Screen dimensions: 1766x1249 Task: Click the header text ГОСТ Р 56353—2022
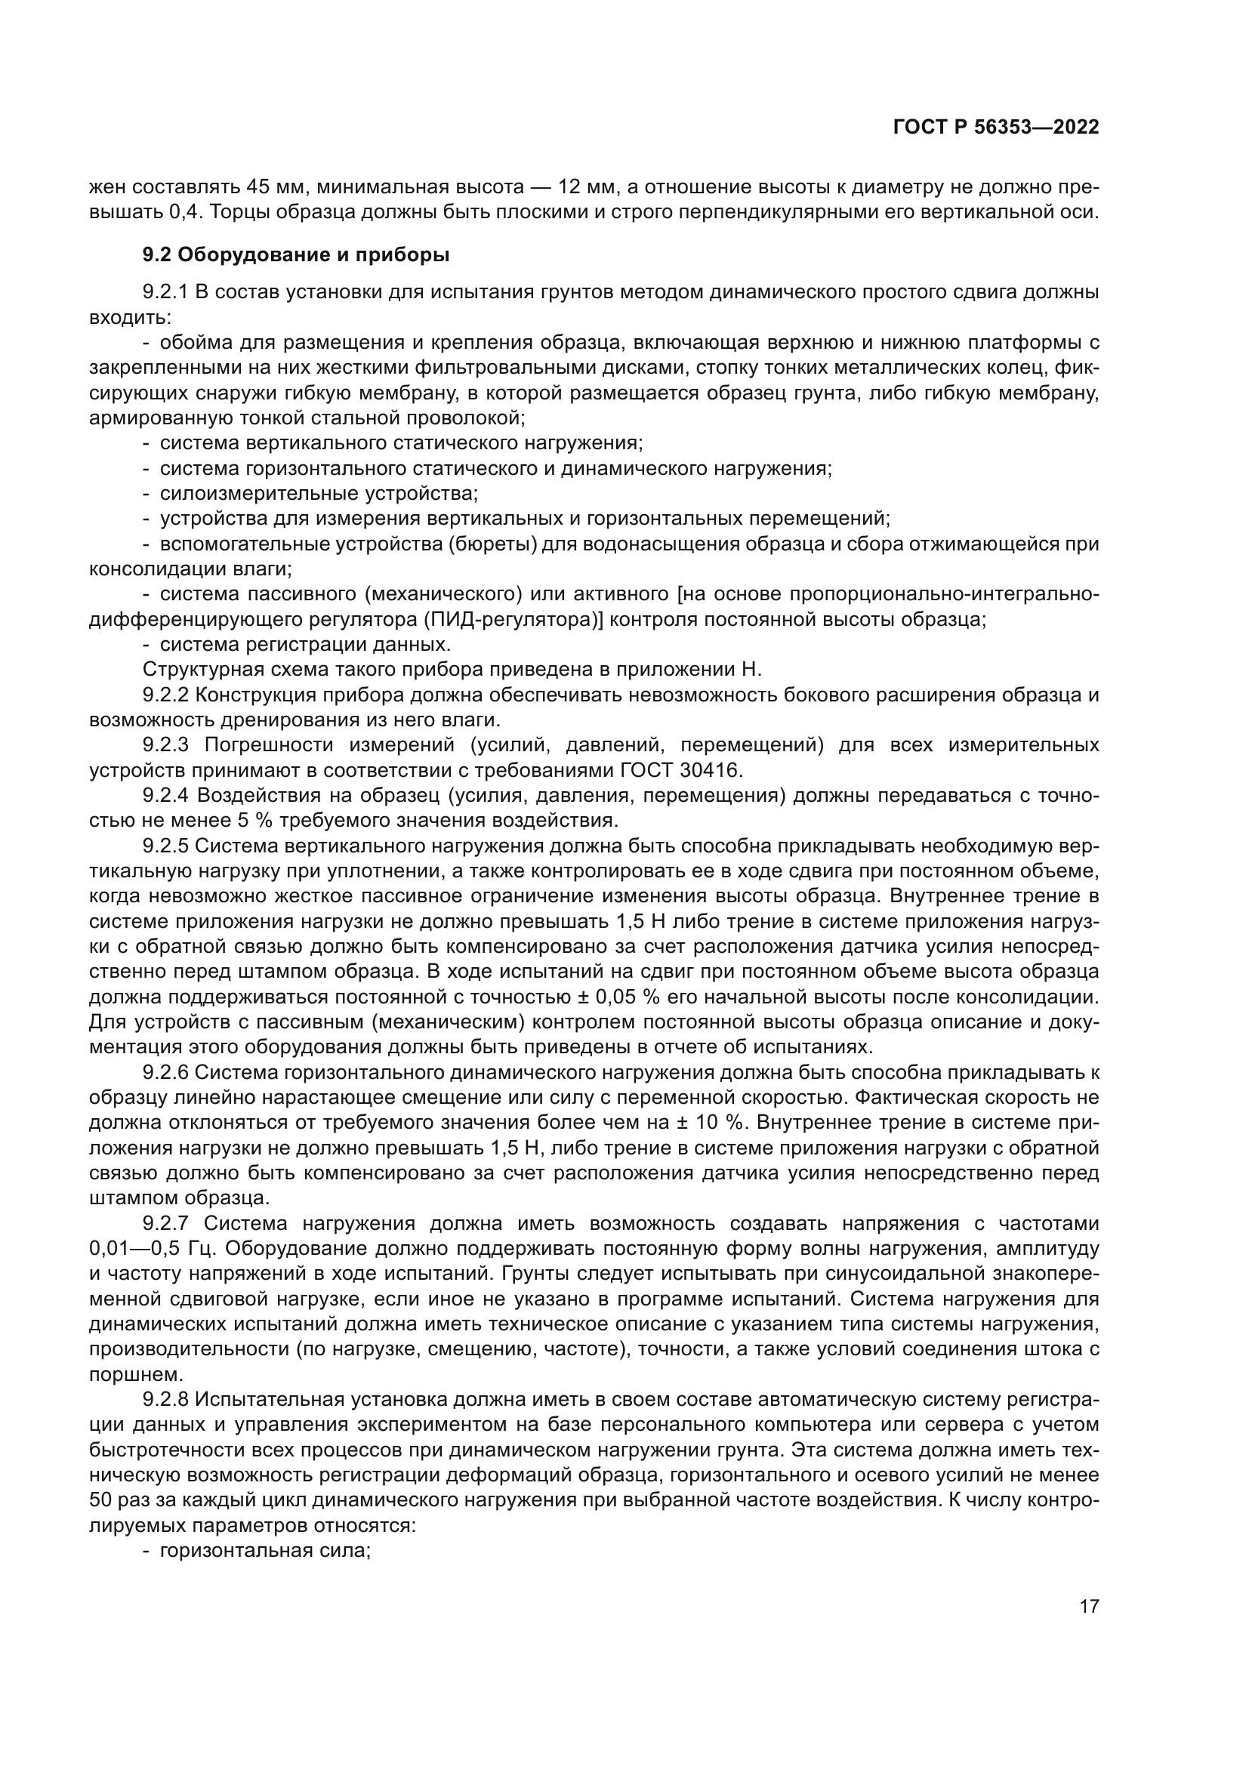[996, 128]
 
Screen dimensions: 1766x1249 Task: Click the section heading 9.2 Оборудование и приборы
[296, 254]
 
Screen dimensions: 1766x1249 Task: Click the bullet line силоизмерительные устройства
[319, 493]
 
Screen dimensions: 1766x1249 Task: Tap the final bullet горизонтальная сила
[265, 1550]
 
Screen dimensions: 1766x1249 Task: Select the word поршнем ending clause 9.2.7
[126, 1373]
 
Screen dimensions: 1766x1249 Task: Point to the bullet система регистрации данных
[305, 644]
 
